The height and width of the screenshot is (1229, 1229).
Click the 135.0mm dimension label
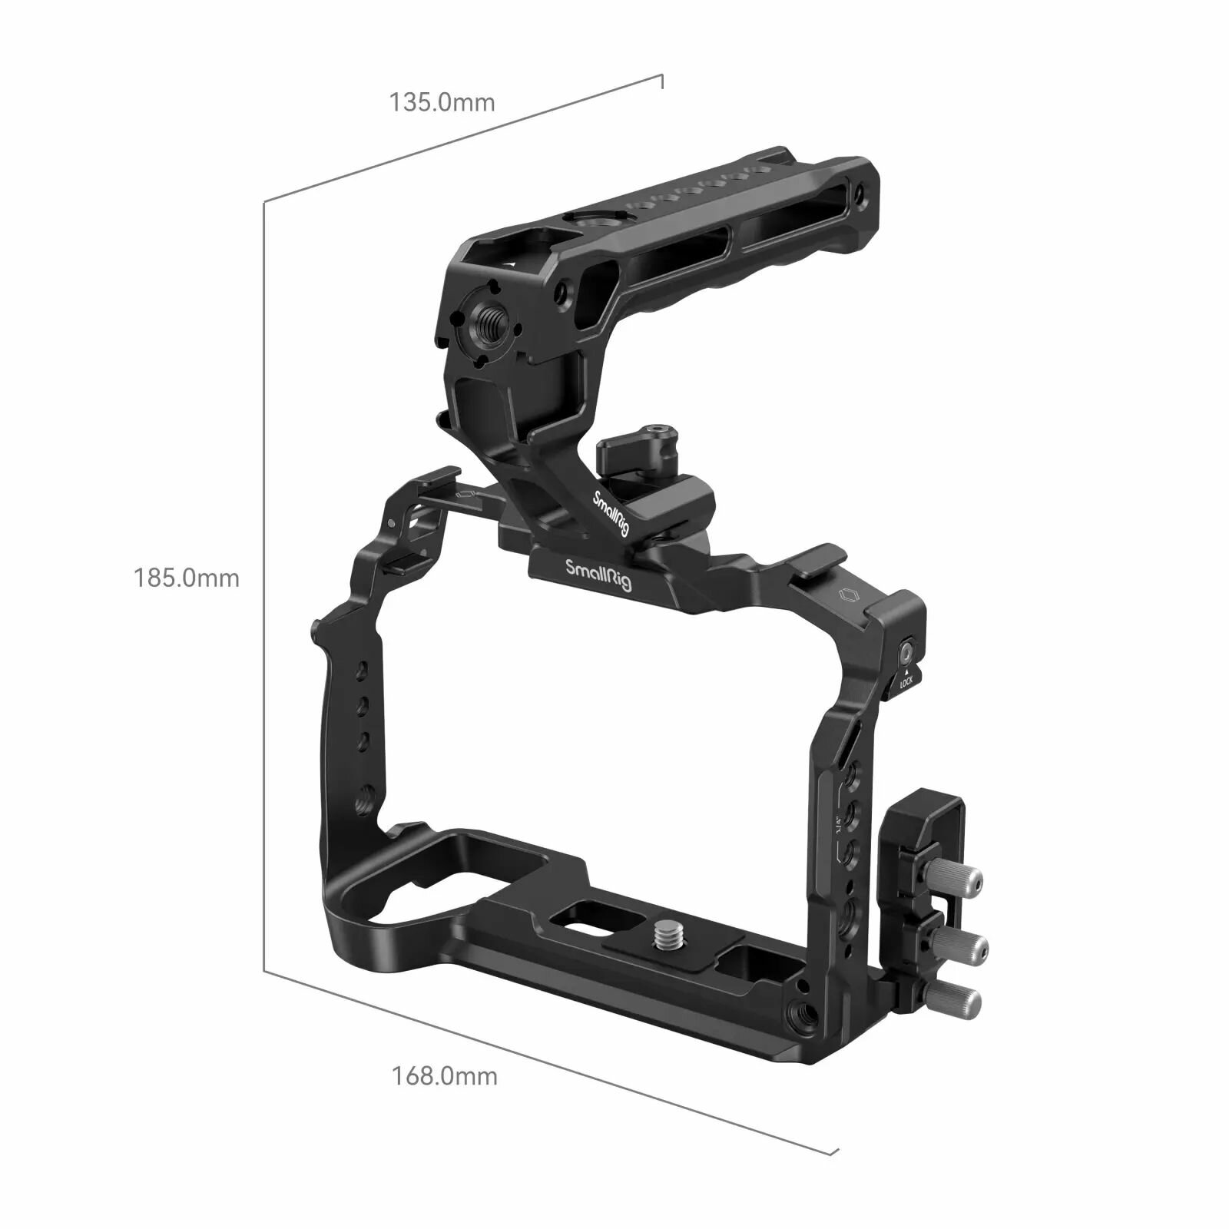[x=442, y=102]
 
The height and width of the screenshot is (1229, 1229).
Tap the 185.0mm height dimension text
[x=187, y=578]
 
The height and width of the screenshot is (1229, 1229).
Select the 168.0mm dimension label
[x=445, y=1075]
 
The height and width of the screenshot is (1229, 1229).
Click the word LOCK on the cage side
[x=906, y=681]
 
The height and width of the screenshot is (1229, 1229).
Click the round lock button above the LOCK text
[x=907, y=654]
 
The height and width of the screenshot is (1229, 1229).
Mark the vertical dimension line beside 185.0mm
[x=264, y=584]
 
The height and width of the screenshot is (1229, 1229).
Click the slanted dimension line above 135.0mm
[x=461, y=138]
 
